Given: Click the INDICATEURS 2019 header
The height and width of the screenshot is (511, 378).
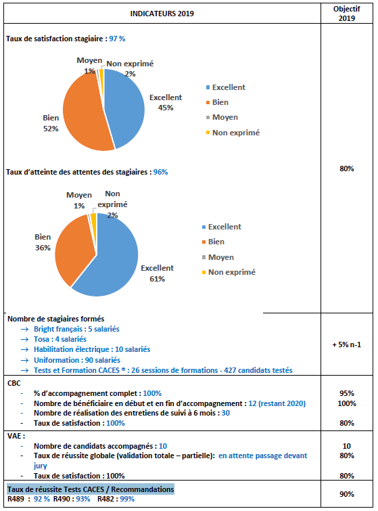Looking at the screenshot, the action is coord(162,14).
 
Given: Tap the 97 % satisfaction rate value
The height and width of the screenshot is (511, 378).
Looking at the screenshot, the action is coord(117,39).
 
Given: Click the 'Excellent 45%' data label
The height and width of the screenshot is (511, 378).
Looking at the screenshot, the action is coord(166,103).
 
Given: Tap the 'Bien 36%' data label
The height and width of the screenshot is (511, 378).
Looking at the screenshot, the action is coord(43,242).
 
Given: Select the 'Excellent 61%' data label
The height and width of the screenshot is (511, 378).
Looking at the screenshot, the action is coord(158,273).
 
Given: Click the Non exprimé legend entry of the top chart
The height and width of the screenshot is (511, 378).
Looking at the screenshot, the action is coord(233,133).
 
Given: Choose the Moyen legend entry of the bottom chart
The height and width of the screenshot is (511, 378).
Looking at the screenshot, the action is coord(218,257).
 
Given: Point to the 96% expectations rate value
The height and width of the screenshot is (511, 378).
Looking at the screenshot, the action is coord(160,172).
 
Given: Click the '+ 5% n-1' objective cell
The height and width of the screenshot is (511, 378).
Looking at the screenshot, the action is coord(347,345).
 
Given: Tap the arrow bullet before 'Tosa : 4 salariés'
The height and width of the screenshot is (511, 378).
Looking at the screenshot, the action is coord(25,340).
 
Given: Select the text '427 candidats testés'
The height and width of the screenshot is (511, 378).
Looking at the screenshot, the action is coord(258,370).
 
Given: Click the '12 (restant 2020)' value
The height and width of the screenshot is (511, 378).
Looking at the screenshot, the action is coord(277,404).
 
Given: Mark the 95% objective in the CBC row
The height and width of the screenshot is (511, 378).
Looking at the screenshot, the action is coord(347,394).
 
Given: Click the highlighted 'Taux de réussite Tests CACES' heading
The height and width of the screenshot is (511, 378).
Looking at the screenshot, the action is coord(91,489).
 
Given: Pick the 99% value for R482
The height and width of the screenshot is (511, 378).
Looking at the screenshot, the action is coord(127,499).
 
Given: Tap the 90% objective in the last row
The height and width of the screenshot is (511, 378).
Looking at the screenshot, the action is coord(347,494).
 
